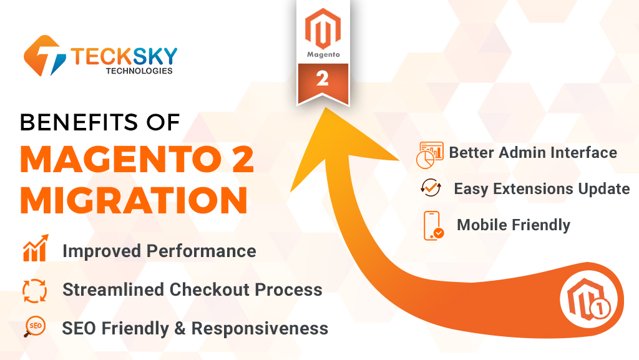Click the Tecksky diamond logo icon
[45, 56]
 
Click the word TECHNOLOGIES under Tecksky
[139, 71]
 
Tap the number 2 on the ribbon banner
[323, 79]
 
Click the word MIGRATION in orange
[134, 200]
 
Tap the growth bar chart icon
[36, 248]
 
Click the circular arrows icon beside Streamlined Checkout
[35, 291]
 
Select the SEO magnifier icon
[35, 326]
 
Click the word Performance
[202, 251]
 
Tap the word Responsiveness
[260, 328]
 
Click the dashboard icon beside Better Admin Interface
[429, 155]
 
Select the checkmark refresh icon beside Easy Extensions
[431, 188]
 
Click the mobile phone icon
[434, 226]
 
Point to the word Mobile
[482, 225]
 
